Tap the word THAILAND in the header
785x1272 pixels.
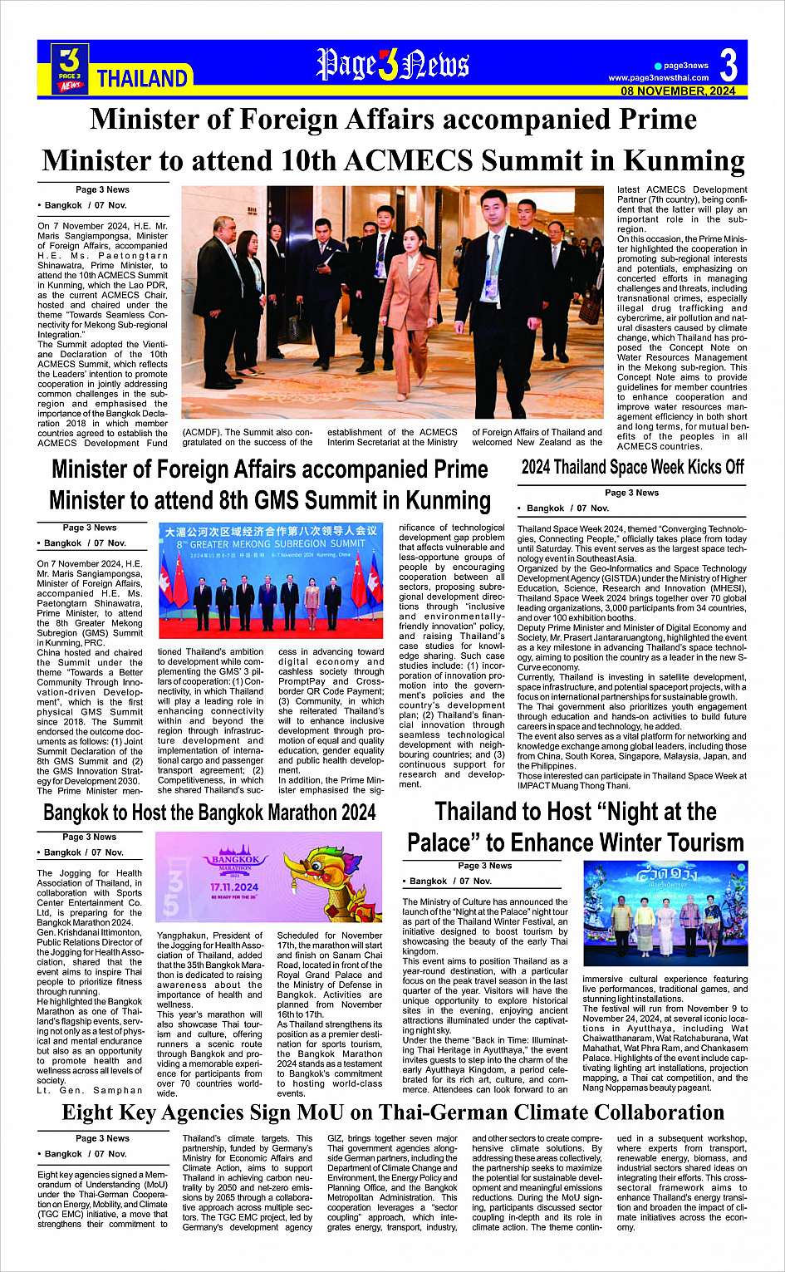(x=142, y=79)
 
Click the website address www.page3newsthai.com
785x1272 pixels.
(x=658, y=78)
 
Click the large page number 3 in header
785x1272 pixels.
(x=729, y=65)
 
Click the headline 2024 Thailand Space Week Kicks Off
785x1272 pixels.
(x=632, y=467)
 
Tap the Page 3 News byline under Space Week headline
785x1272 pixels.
(x=631, y=493)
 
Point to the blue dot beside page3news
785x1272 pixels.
(x=658, y=66)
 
